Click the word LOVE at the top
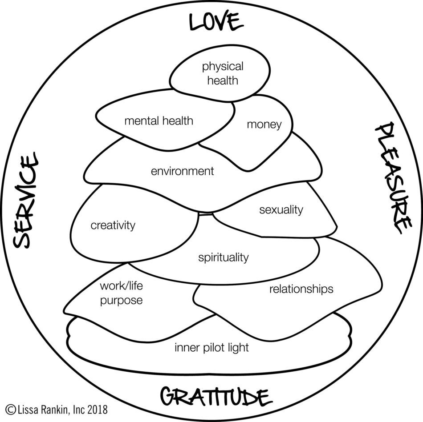216,21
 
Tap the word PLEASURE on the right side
393,178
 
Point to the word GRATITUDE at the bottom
216,397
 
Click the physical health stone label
223,73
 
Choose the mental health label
159,121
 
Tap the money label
264,125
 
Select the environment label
183,171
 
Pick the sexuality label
281,210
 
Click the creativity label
113,225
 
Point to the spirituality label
224,257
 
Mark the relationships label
301,289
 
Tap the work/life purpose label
121,293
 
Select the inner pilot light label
211,348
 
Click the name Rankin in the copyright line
57,410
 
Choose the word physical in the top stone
223,67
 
